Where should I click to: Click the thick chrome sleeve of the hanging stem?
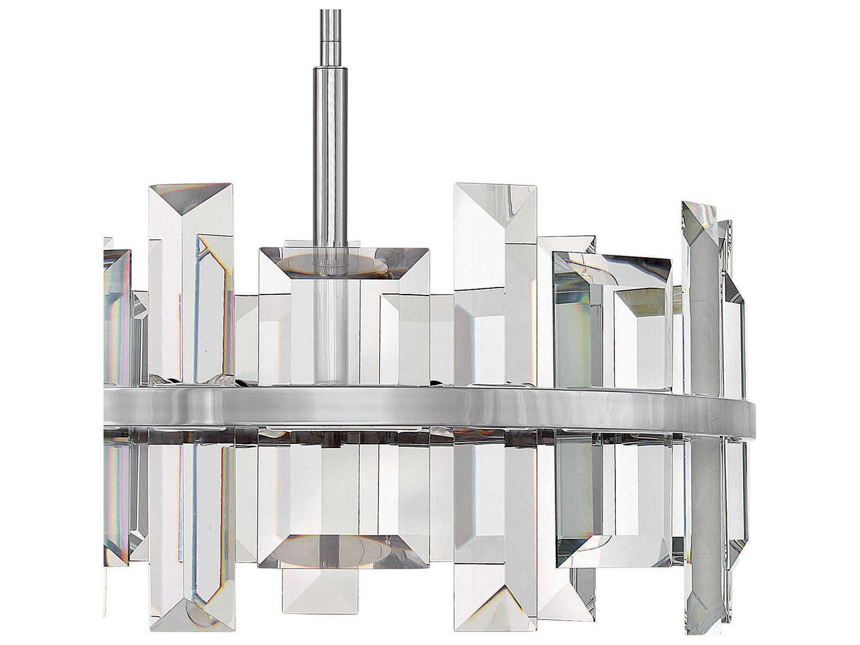click(x=331, y=155)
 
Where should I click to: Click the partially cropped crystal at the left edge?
click(x=117, y=311)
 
